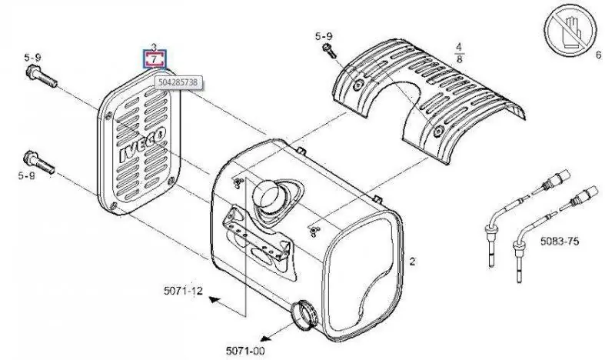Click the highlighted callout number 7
(x=155, y=60)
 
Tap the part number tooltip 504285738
(x=178, y=82)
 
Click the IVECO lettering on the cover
(x=142, y=145)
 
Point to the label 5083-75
(x=560, y=241)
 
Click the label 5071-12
(x=183, y=291)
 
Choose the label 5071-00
(x=245, y=351)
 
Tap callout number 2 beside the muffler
(x=412, y=261)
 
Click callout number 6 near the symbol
(x=598, y=55)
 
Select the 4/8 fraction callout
(x=459, y=53)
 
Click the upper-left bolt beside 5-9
(x=42, y=77)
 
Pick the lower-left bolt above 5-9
(x=39, y=162)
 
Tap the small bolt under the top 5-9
(x=329, y=51)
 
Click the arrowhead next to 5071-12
(x=214, y=300)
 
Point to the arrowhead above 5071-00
(x=267, y=338)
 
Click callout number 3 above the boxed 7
(x=154, y=47)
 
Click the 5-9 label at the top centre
(x=324, y=36)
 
